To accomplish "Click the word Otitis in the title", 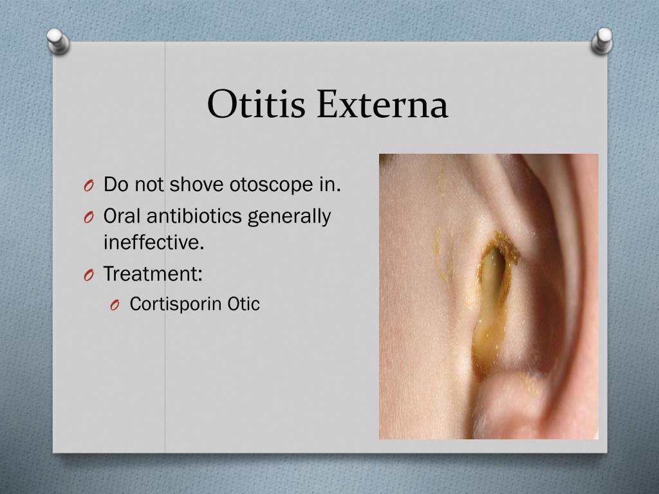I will point(257,104).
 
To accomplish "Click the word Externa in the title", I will point(382,104).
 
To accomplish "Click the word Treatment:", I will point(153,274).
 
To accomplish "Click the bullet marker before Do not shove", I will point(89,187).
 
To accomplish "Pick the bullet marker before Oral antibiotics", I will point(89,218).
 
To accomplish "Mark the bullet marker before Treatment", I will point(89,275).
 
